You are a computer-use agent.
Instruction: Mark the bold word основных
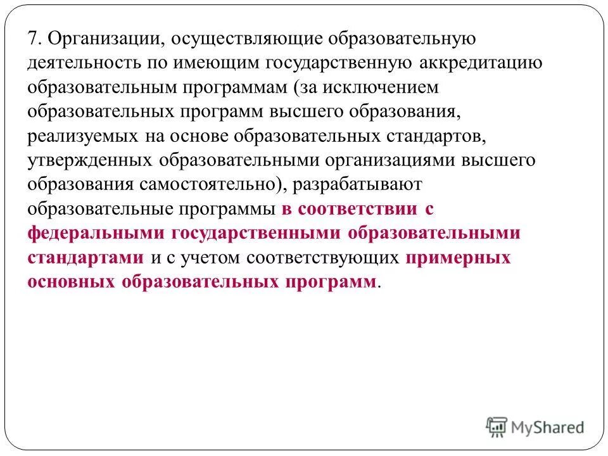70,281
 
